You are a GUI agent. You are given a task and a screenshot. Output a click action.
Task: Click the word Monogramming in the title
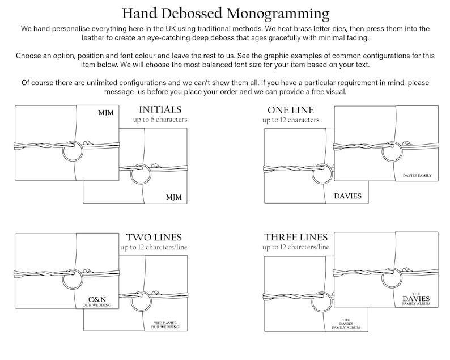click(278, 14)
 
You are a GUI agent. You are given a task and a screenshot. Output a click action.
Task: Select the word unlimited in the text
click(102, 83)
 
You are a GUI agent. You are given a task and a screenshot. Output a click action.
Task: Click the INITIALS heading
click(160, 109)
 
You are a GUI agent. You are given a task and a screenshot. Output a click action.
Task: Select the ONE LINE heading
click(291, 110)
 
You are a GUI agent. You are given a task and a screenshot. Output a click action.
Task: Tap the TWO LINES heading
click(154, 238)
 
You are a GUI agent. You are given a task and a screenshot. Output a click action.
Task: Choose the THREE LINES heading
click(296, 237)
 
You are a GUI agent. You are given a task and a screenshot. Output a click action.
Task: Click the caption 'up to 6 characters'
click(160, 120)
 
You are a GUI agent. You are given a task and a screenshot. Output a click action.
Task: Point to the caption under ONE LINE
click(291, 120)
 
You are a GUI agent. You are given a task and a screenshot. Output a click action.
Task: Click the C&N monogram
click(97, 300)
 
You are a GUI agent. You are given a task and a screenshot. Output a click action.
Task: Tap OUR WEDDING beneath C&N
click(97, 305)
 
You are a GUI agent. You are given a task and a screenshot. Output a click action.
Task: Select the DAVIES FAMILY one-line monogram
click(417, 175)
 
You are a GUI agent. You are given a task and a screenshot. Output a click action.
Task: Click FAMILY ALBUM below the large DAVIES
click(417, 304)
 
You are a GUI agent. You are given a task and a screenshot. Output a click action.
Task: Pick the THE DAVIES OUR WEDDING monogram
click(165, 325)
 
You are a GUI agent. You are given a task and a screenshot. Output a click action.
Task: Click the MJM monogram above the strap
click(106, 113)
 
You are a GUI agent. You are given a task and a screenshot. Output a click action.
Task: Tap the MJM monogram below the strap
click(174, 197)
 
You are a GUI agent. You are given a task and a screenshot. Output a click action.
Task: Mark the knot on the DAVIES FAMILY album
click(406, 143)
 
